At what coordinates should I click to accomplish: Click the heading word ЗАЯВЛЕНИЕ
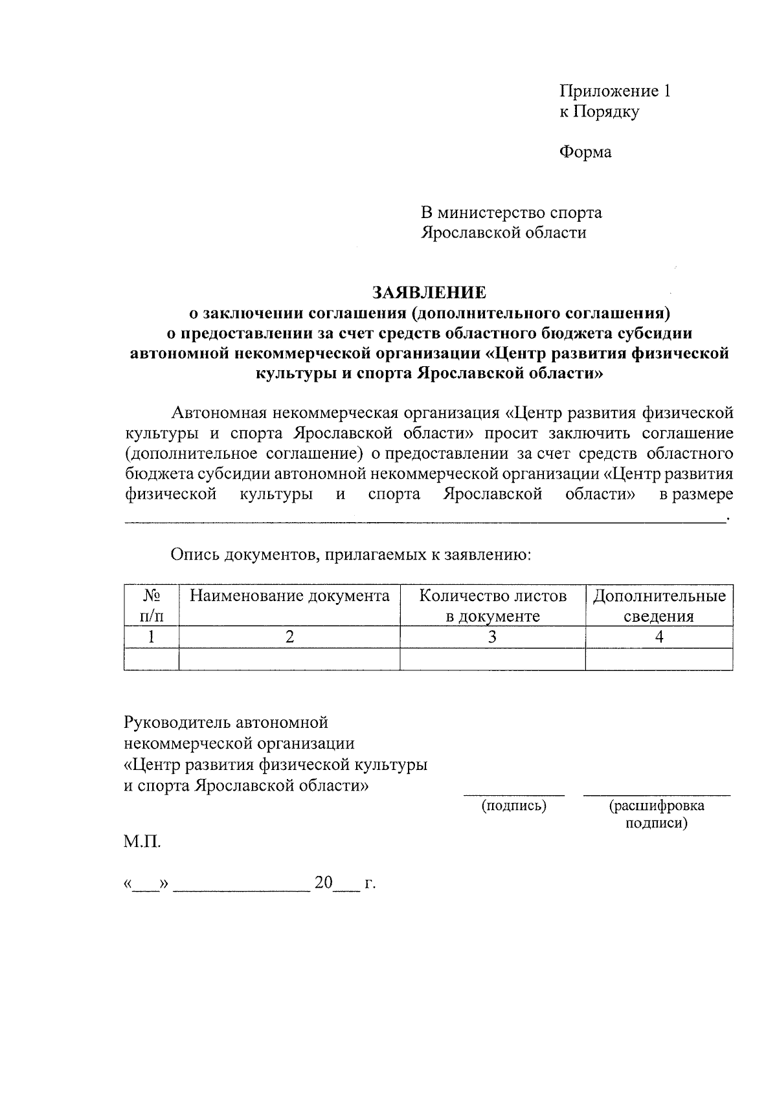(428, 293)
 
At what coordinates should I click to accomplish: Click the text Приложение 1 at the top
(614, 91)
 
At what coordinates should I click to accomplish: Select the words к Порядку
(599, 112)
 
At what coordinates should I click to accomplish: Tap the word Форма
(585, 153)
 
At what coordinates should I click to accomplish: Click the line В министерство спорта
(512, 212)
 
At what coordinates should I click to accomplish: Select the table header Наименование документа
(289, 596)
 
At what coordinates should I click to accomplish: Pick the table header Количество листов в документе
(493, 606)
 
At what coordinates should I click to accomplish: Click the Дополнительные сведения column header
(659, 606)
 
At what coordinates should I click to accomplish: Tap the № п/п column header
(152, 606)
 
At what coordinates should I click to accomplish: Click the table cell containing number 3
(493, 637)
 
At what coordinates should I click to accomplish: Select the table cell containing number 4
(659, 637)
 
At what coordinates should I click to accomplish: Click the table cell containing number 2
(289, 637)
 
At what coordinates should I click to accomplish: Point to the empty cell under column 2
(289, 659)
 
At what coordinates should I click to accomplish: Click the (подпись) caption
(513, 806)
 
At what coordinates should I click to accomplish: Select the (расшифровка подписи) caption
(657, 815)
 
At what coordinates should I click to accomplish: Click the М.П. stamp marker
(142, 842)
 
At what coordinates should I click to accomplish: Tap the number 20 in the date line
(323, 883)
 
